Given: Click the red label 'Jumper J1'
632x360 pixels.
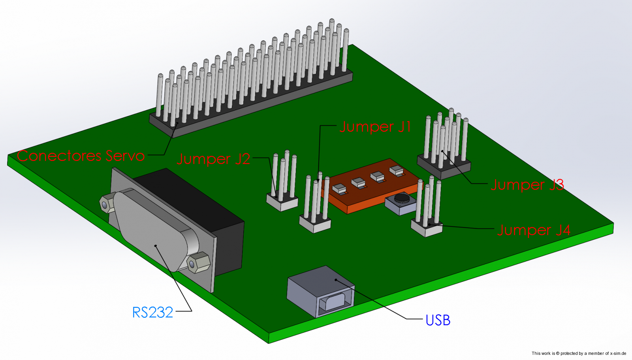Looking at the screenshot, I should click(x=375, y=127).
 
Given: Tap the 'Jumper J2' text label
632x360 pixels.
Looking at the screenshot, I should click(x=213, y=159).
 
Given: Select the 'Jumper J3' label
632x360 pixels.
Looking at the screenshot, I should click(x=527, y=185).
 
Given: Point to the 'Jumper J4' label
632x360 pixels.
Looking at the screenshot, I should click(x=533, y=230).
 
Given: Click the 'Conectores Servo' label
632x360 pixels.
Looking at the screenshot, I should click(x=81, y=156).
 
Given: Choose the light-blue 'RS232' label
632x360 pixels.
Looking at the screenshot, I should click(x=152, y=313).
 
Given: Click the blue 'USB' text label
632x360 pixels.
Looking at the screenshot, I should click(x=438, y=320).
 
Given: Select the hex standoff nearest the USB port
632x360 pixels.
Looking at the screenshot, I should click(x=198, y=262).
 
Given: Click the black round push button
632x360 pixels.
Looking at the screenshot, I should click(x=402, y=197).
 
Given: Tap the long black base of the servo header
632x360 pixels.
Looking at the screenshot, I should click(x=253, y=105).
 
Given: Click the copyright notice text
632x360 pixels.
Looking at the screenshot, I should click(x=579, y=353).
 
